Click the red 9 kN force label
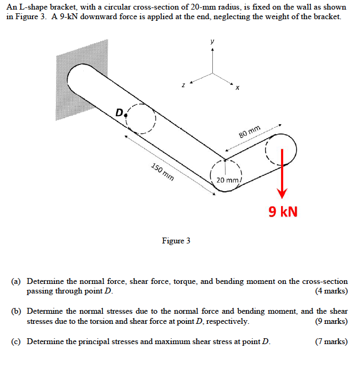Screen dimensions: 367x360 pyautogui.click(x=283, y=212)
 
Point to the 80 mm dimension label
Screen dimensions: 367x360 pyautogui.click(x=250, y=131)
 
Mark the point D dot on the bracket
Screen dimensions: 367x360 pyautogui.click(x=126, y=113)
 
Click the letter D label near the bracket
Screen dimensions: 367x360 pyautogui.click(x=119, y=112)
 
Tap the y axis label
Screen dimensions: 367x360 pyautogui.click(x=213, y=41)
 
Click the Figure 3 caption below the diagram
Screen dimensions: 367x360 pyautogui.click(x=176, y=241)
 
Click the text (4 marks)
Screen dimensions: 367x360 pyautogui.click(x=331, y=291)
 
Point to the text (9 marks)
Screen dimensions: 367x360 pyautogui.click(x=331, y=321)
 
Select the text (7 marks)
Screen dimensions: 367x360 pyautogui.click(x=331, y=341)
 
